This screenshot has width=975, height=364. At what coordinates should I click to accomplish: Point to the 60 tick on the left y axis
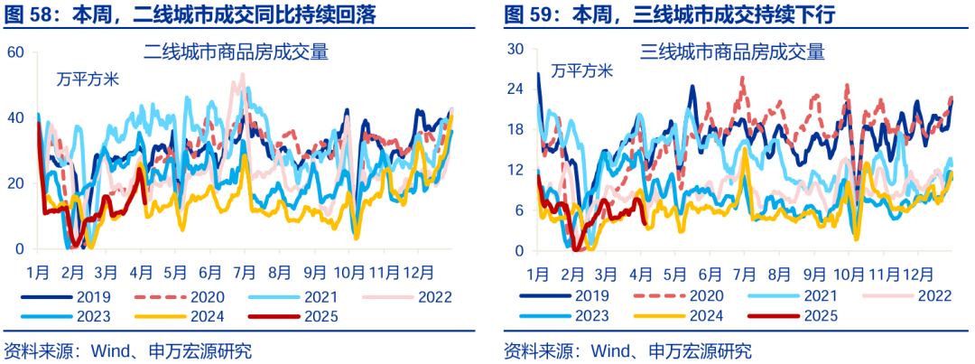(x=14, y=52)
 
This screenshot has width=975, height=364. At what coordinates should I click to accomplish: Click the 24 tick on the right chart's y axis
(x=514, y=89)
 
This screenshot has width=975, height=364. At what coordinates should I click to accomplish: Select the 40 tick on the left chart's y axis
(x=14, y=118)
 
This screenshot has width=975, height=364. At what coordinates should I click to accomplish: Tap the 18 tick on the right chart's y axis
(x=514, y=129)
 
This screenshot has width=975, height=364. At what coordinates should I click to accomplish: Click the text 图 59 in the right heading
(x=527, y=14)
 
